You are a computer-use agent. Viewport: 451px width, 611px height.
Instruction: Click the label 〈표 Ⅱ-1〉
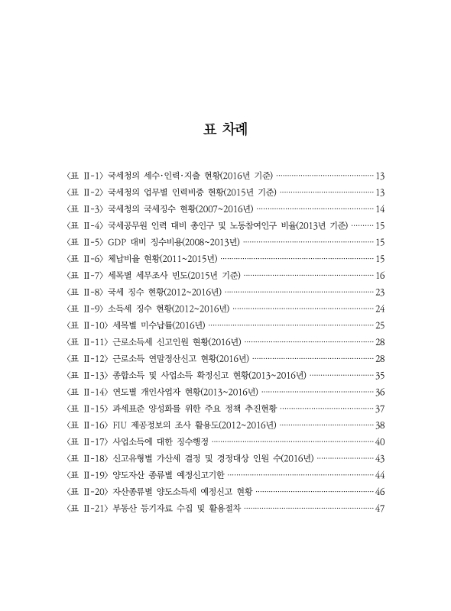(85, 175)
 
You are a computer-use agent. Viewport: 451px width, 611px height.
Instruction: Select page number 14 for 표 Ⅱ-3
(380, 209)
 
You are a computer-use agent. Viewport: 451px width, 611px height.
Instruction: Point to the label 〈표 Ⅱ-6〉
(85, 259)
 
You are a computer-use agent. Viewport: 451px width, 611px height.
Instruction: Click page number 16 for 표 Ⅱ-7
(380, 276)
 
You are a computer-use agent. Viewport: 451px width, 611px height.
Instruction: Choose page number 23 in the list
(380, 293)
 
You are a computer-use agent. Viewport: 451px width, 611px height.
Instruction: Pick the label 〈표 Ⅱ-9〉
(85, 309)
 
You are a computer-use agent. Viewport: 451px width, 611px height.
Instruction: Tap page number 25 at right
(380, 326)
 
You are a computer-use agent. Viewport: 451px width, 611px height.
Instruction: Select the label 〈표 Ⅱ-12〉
(87, 359)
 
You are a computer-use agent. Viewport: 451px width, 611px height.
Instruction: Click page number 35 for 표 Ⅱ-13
(380, 376)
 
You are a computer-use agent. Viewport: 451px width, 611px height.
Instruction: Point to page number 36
(380, 393)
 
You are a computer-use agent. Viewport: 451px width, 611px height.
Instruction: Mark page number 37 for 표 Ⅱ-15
(380, 409)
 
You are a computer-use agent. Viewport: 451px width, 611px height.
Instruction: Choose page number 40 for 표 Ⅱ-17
(380, 443)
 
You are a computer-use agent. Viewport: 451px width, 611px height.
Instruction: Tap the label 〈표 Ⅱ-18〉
(87, 460)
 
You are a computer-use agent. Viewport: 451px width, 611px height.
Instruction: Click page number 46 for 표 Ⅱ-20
(380, 493)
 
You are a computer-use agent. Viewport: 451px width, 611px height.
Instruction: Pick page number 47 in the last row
(380, 510)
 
